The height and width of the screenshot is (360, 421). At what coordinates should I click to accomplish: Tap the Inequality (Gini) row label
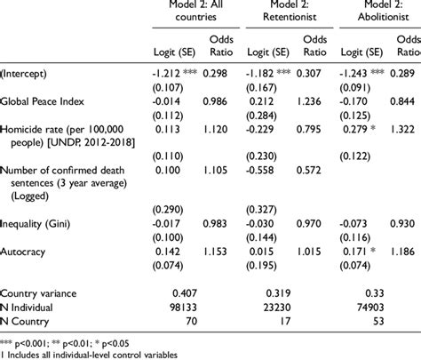coord(38,224)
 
